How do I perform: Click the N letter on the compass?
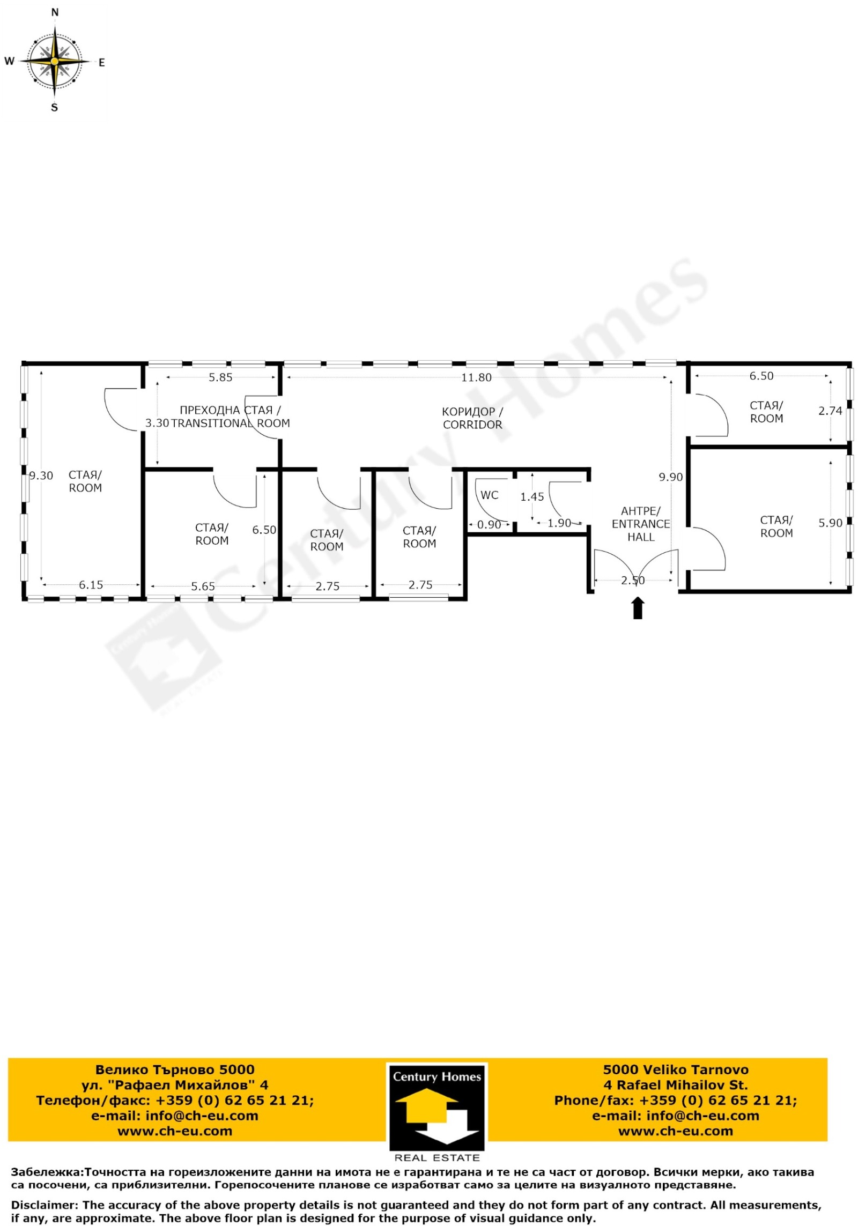[x=55, y=12]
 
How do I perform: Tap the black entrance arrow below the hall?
[x=638, y=608]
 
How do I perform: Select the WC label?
[x=489, y=495]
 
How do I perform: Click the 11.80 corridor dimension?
[x=476, y=377]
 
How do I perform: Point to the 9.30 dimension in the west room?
[x=41, y=475]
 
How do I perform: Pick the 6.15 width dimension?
[x=91, y=585]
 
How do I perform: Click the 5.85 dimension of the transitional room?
[x=220, y=377]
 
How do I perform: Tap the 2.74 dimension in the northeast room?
[x=830, y=411]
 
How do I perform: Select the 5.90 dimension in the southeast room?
[x=830, y=523]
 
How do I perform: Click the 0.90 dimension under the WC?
[x=489, y=524]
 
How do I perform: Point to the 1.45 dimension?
[x=532, y=497]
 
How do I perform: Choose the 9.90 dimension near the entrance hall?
[x=671, y=477]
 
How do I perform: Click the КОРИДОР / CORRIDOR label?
[x=472, y=418]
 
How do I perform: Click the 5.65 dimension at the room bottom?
[x=203, y=586]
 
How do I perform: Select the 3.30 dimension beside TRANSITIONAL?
[x=157, y=423]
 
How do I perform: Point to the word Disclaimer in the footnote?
[x=43, y=1206]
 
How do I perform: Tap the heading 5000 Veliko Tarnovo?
[x=676, y=1070]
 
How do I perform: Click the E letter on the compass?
[x=101, y=63]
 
